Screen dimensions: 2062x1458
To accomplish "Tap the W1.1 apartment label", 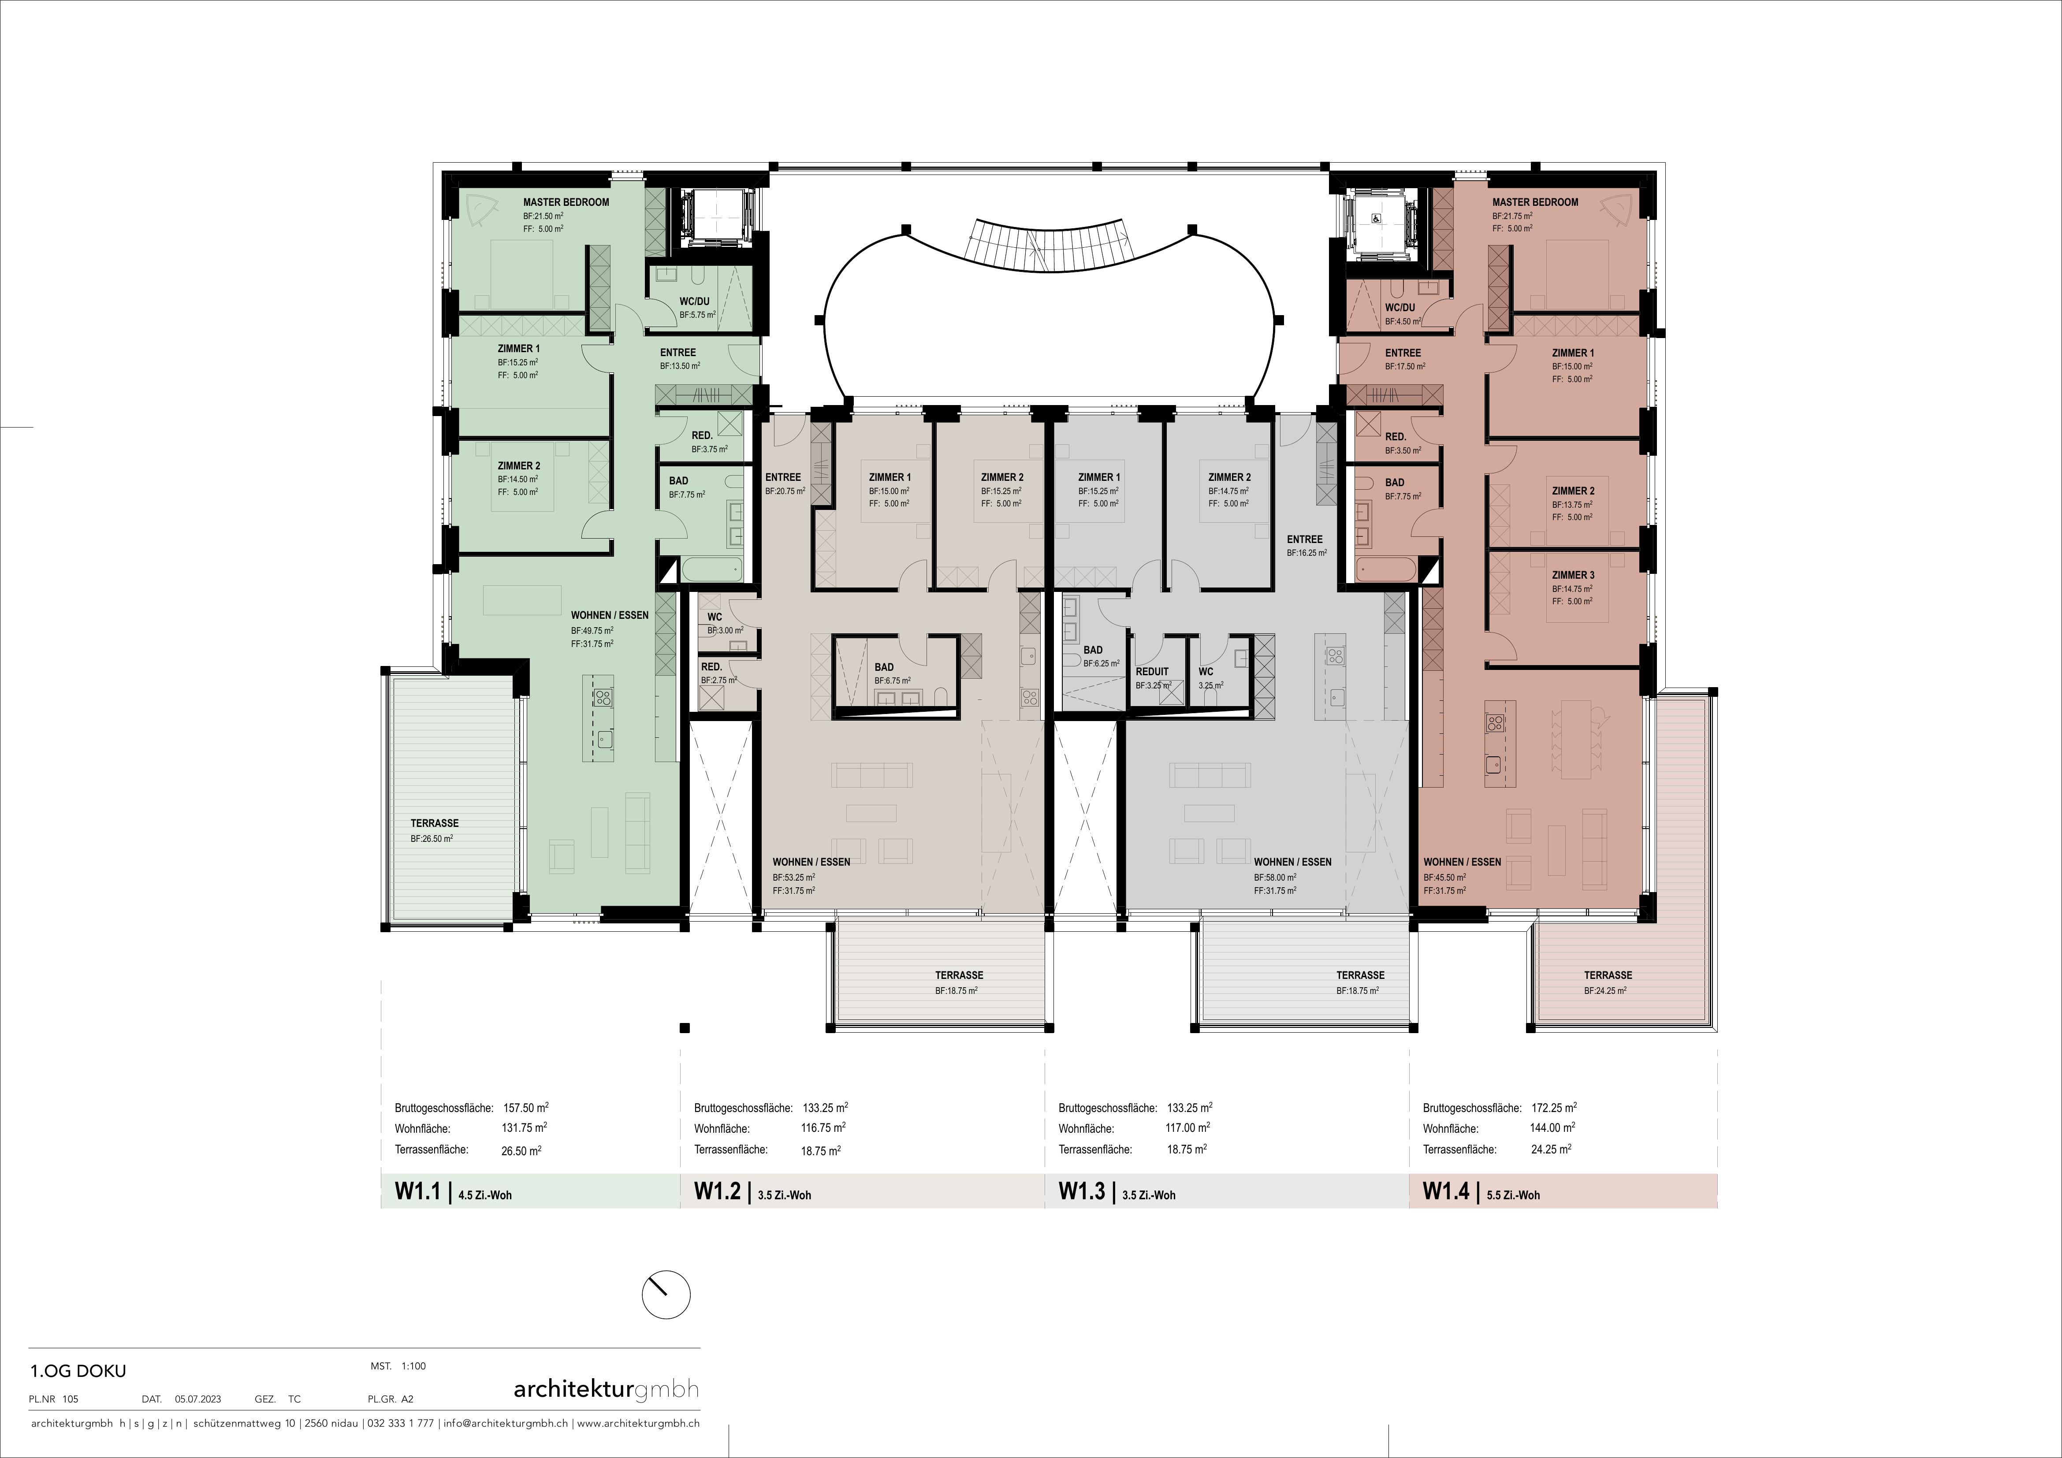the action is pyautogui.click(x=417, y=1191).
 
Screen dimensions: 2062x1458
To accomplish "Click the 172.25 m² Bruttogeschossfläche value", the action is pyautogui.click(x=1554, y=1108).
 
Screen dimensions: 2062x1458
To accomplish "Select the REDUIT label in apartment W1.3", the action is pyautogui.click(x=1152, y=672).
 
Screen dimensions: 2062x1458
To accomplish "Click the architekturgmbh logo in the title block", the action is pyautogui.click(x=606, y=1390).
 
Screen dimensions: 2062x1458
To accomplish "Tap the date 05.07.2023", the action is pyautogui.click(x=197, y=1399).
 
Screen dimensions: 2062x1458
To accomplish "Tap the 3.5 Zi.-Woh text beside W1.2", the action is pyautogui.click(x=785, y=1195).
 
